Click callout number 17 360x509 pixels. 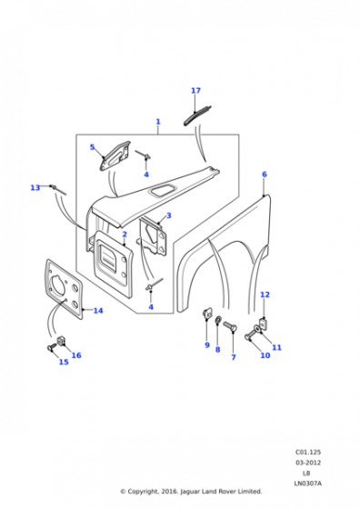(x=195, y=91)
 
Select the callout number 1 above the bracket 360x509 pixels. (x=158, y=122)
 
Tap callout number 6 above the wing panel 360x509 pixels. (x=265, y=175)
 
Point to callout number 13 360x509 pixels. (x=35, y=187)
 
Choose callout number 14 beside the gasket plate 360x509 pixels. (x=98, y=311)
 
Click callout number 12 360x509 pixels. (x=265, y=294)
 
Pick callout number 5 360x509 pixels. (x=92, y=147)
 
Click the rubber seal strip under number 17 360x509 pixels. (x=197, y=116)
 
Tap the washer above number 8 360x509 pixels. (x=218, y=320)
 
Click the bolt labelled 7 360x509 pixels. (x=230, y=326)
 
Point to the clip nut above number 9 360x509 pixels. (x=207, y=314)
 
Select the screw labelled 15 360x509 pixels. (x=51, y=347)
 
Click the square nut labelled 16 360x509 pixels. (x=61, y=341)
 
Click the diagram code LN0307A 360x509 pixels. (x=308, y=484)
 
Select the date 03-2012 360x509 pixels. (x=308, y=463)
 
